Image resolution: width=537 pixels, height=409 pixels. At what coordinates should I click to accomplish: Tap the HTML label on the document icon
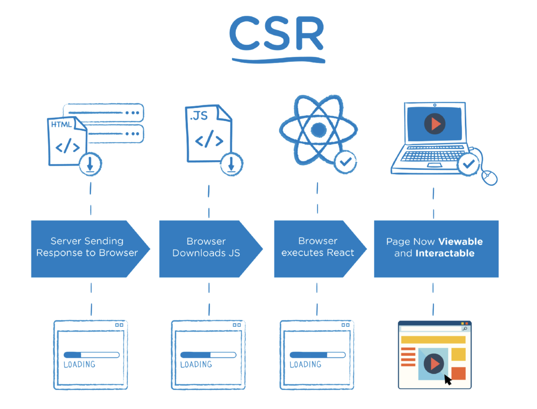[x=61, y=124]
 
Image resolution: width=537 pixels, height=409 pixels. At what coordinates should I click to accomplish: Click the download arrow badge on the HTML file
[x=90, y=164]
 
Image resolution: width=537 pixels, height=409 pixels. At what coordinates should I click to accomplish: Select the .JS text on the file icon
[x=199, y=116]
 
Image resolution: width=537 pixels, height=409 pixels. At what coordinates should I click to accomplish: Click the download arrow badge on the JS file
[x=231, y=164]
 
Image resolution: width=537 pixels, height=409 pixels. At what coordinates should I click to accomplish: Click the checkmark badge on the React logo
[x=345, y=162]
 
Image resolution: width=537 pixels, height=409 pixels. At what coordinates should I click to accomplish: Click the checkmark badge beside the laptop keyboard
[x=468, y=164]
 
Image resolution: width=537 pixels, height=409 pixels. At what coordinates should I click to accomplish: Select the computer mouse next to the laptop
[x=489, y=178]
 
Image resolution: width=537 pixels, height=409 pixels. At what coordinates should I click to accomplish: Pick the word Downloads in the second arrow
[x=199, y=253]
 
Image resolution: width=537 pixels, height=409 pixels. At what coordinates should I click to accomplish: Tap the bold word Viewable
[x=460, y=241]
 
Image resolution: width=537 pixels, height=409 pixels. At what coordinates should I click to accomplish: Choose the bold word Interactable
[x=445, y=253]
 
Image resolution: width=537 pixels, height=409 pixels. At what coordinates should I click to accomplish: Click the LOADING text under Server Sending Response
[x=79, y=365]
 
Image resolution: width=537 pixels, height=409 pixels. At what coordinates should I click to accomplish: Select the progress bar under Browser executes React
[x=317, y=355]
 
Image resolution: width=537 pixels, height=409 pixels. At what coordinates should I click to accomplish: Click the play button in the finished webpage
[x=433, y=363]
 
